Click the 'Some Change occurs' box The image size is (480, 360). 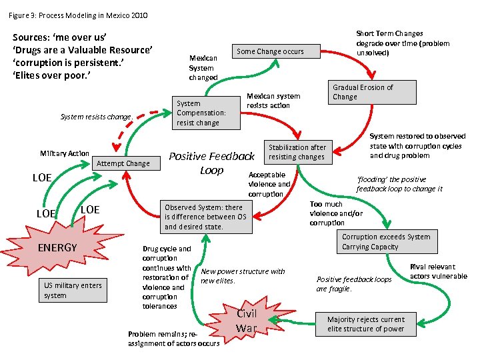(x=270, y=51)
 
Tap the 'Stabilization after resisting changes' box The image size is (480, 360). (x=297, y=152)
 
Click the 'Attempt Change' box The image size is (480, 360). (x=123, y=163)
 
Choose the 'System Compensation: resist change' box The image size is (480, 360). (x=201, y=113)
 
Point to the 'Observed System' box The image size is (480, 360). (x=206, y=217)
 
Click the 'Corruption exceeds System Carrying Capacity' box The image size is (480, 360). (x=386, y=241)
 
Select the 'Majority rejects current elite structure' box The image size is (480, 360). (x=366, y=324)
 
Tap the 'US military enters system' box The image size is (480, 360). (x=73, y=290)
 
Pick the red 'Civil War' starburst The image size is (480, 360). (x=246, y=321)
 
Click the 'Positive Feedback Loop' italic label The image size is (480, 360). (x=212, y=163)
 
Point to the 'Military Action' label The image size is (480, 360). (x=64, y=153)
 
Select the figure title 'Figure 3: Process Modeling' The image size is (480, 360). (x=78, y=15)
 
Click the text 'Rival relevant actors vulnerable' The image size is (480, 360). (x=438, y=272)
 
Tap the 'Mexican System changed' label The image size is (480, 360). (x=203, y=68)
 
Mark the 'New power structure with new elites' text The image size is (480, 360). (x=243, y=275)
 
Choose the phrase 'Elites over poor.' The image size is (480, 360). (x=51, y=75)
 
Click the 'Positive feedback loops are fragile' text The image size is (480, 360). (x=354, y=284)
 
